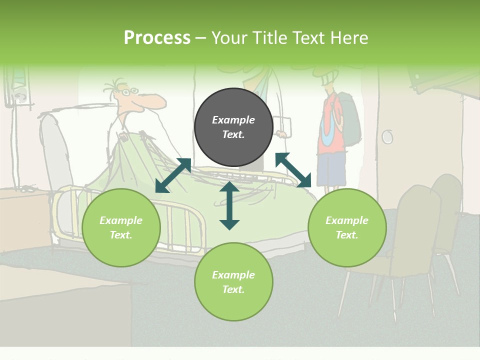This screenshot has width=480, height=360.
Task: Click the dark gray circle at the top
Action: pyautogui.click(x=233, y=127)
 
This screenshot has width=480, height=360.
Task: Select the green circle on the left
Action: pyautogui.click(x=121, y=227)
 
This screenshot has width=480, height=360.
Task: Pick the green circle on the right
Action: pyautogui.click(x=347, y=227)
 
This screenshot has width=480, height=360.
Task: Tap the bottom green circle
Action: pyautogui.click(x=233, y=282)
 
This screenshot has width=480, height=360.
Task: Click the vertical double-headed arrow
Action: pyautogui.click(x=229, y=205)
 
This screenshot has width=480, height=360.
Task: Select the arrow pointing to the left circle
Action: pyautogui.click(x=173, y=175)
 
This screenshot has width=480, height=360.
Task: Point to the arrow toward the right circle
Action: pyautogui.click(x=293, y=170)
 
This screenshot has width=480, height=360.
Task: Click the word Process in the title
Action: pyautogui.click(x=157, y=38)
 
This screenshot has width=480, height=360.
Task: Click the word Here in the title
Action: pyautogui.click(x=348, y=38)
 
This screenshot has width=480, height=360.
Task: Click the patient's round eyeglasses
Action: pyautogui.click(x=129, y=92)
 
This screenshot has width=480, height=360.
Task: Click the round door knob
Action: pyautogui.click(x=387, y=136)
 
